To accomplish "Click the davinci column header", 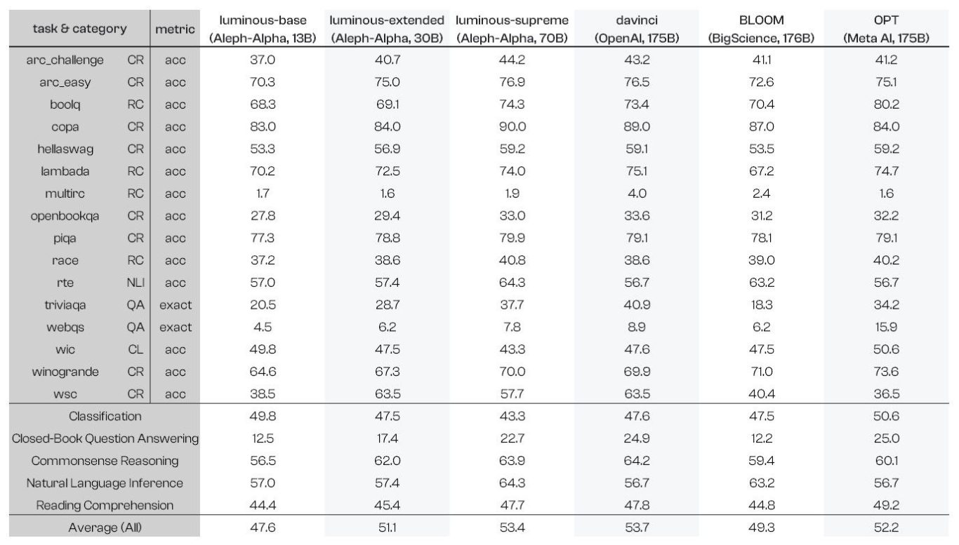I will tap(636, 29).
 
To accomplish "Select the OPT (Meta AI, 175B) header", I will tap(886, 29).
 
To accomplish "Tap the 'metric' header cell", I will tap(174, 29).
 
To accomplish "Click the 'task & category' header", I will tap(80, 29).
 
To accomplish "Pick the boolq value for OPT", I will tap(886, 105).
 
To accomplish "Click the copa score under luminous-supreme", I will tap(511, 127).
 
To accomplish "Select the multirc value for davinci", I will tap(636, 194).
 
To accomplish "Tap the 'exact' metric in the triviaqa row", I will tap(175, 305).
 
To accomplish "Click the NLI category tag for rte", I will tap(135, 283).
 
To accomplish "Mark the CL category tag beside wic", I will tap(135, 349).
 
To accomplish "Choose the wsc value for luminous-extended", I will tap(387, 394).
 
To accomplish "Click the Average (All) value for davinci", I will tap(636, 527).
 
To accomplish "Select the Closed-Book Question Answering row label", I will tap(105, 439).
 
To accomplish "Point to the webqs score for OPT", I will tap(886, 328).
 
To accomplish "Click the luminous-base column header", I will tap(263, 29).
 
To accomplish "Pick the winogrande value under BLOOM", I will tap(761, 372).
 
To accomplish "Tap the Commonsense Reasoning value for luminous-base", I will tap(263, 461).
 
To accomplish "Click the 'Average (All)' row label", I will tap(105, 527).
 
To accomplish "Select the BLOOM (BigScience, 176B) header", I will tap(761, 29).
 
